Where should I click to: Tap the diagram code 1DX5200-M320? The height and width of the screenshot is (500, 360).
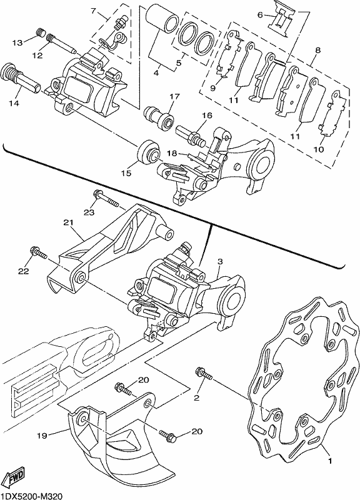pyautogui.click(x=31, y=496)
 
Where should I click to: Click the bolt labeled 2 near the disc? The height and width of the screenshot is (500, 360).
pyautogui.click(x=203, y=373)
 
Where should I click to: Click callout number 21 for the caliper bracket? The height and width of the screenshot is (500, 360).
pyautogui.click(x=68, y=222)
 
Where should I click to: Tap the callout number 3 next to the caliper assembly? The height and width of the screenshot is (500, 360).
pyautogui.click(x=220, y=261)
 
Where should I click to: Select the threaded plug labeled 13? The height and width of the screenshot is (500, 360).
pyautogui.click(x=40, y=32)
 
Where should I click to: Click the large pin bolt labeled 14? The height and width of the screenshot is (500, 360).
pyautogui.click(x=21, y=78)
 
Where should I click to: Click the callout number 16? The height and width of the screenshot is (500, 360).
pyautogui.click(x=207, y=115)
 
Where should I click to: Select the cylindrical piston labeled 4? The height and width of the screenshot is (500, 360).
pyautogui.click(x=162, y=21)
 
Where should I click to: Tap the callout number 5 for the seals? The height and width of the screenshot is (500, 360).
pyautogui.click(x=179, y=63)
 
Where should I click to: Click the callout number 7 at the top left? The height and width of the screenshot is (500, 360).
pyautogui.click(x=93, y=11)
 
